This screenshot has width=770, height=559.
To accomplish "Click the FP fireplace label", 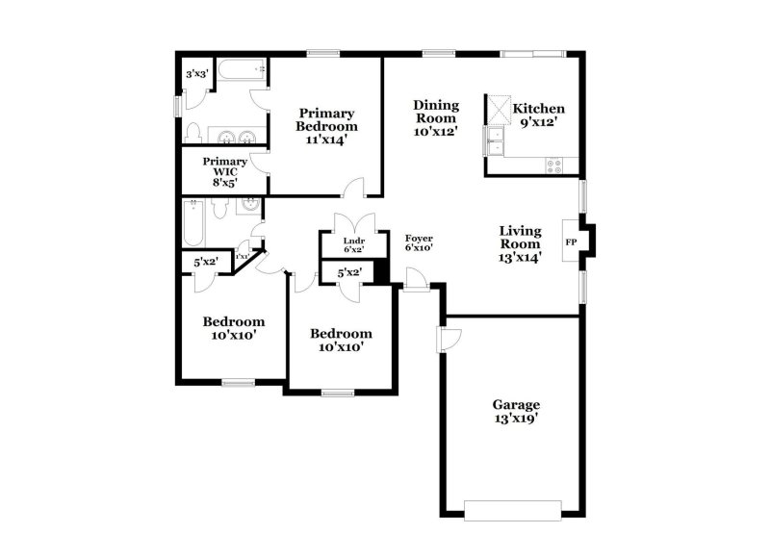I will point(570,241).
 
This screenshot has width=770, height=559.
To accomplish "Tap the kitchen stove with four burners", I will point(554,165).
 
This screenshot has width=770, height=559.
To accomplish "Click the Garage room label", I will point(518,412).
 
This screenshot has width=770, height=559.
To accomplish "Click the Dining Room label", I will point(436,117).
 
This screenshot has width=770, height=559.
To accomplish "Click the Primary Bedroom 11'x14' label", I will point(326,126).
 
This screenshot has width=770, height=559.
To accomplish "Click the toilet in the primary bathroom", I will point(193,133).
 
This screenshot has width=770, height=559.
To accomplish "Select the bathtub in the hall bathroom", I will point(192,223).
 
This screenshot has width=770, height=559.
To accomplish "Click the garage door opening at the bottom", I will point(513,508).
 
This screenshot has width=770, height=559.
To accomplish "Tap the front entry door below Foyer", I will point(417,280).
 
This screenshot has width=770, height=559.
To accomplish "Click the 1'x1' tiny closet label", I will point(243,256).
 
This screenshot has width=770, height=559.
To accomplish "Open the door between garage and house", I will point(448,339).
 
